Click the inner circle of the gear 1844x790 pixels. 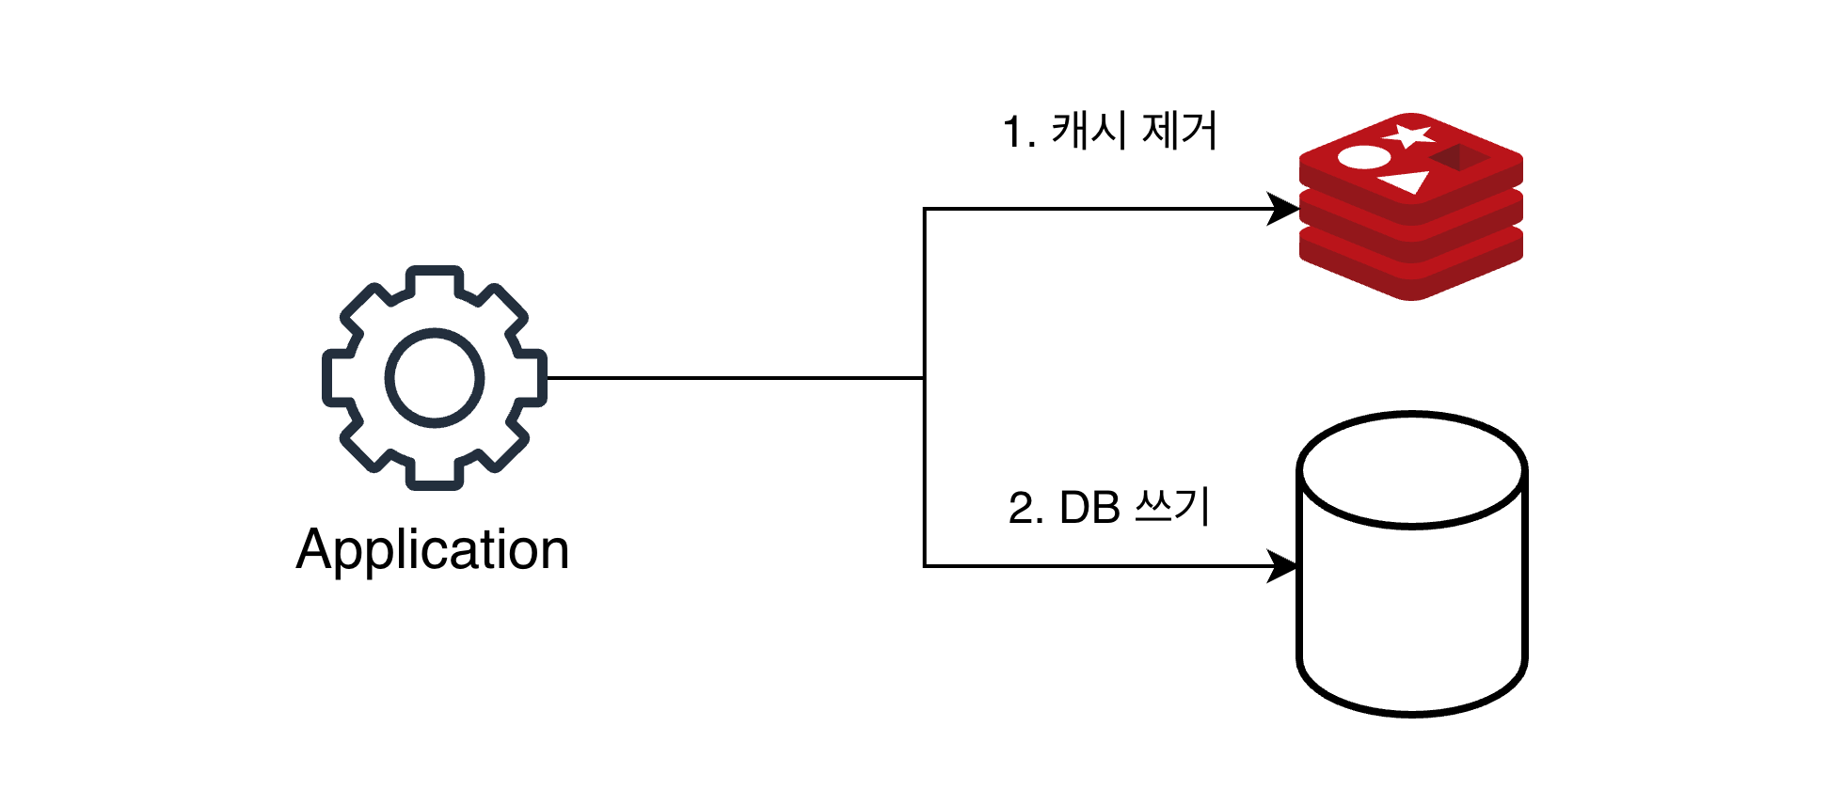435,378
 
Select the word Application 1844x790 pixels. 433,549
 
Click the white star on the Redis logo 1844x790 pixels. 1408,136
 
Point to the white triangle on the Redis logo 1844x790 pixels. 1404,182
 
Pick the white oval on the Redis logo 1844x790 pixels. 1363,156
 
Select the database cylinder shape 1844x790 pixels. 1411,602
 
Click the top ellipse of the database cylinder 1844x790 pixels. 1411,468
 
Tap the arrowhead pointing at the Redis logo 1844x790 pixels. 1283,209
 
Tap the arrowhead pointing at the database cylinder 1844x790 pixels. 1283,566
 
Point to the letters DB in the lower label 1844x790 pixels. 1089,509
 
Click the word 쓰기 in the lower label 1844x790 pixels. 1172,507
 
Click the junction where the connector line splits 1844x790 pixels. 924,378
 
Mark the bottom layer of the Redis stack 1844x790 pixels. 1411,273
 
